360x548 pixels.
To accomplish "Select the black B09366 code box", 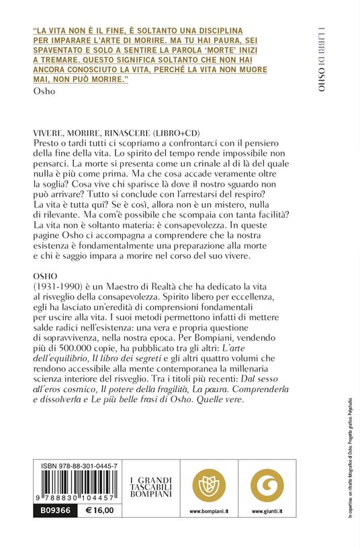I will [x=50, y=510].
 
